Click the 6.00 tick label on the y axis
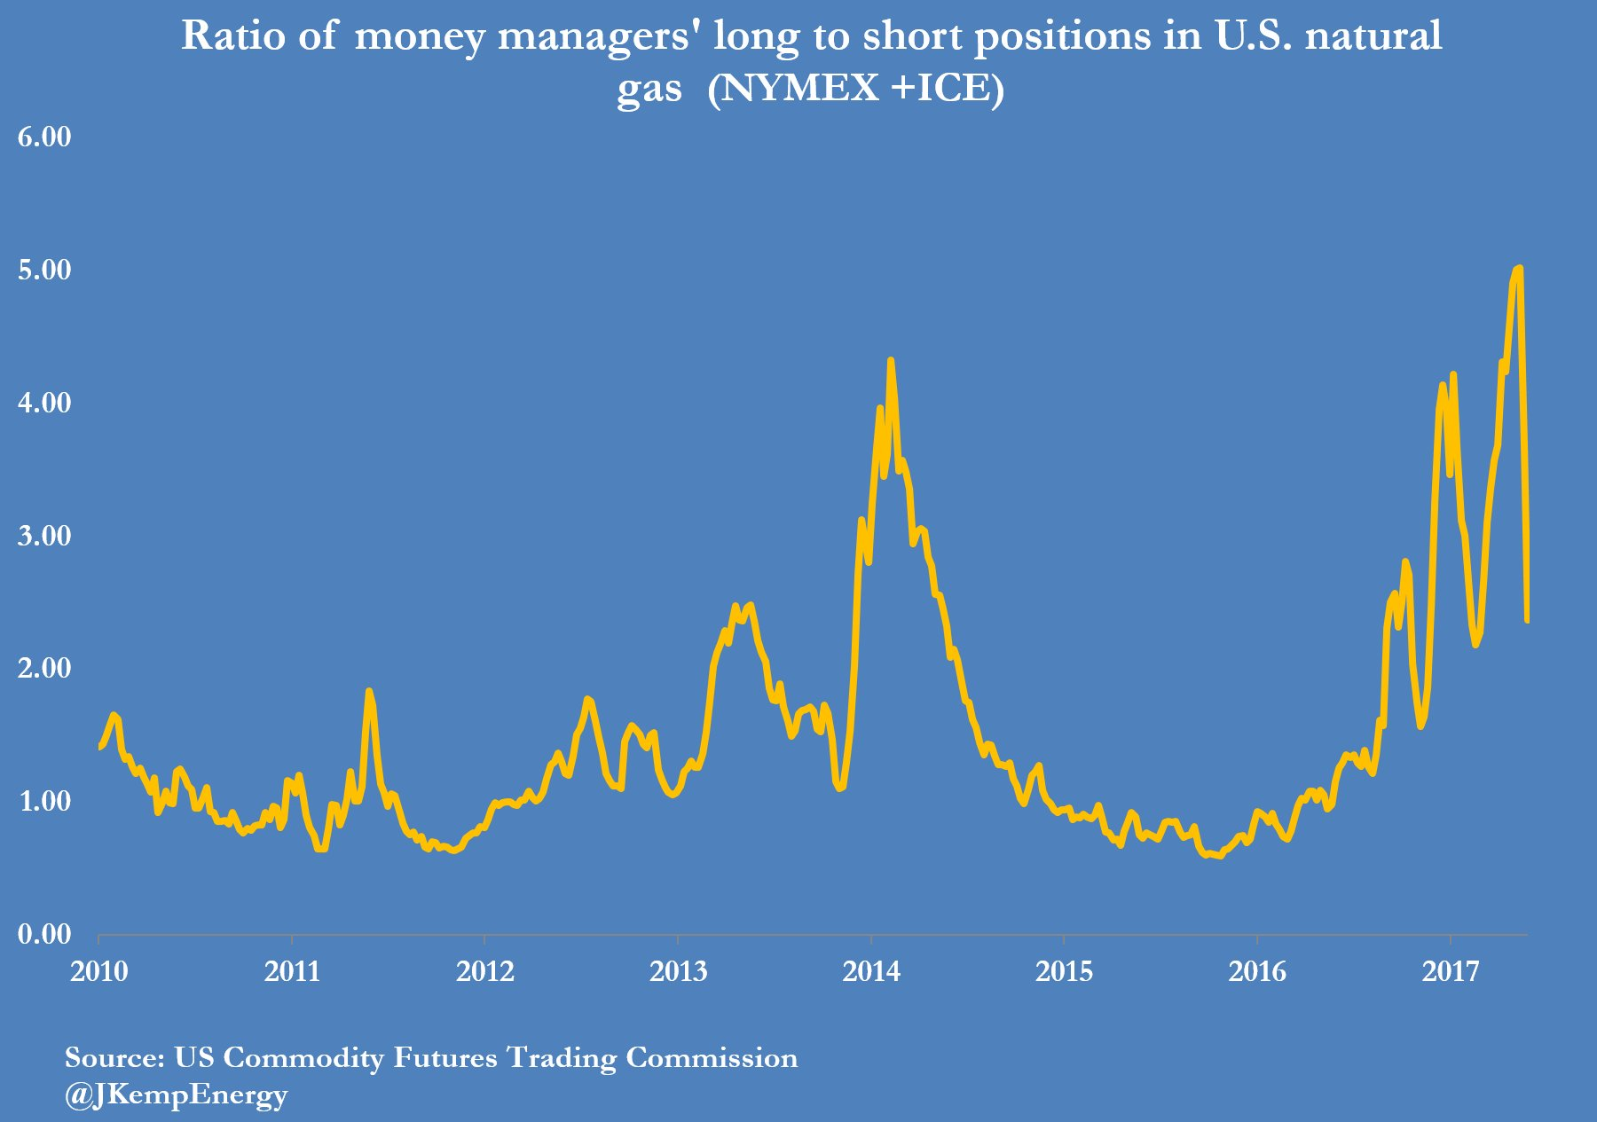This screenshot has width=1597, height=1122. tap(44, 137)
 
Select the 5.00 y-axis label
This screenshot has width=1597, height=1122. tap(44, 270)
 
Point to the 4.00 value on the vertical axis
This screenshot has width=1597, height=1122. tap(44, 403)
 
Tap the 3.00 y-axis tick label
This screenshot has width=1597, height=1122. tap(44, 536)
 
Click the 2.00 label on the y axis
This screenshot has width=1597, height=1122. tap(44, 668)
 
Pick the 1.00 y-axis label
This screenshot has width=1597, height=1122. tap(44, 801)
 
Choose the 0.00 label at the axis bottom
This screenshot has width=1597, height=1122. tap(44, 934)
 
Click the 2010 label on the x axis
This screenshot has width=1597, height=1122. tap(99, 971)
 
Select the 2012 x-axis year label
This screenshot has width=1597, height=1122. tap(485, 971)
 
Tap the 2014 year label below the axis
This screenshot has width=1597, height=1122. tap(871, 971)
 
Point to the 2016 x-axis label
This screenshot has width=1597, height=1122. tap(1257, 971)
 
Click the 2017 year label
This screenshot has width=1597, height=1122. tap(1451, 971)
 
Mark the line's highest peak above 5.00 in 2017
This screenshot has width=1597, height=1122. tap(1519, 268)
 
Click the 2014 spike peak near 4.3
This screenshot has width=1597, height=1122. tap(890, 360)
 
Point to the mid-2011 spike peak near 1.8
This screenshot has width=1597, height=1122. tap(369, 691)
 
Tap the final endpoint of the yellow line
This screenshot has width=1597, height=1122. tap(1527, 620)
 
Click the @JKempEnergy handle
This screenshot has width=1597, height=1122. tap(176, 1095)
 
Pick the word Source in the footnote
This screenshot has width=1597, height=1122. tap(113, 1057)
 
